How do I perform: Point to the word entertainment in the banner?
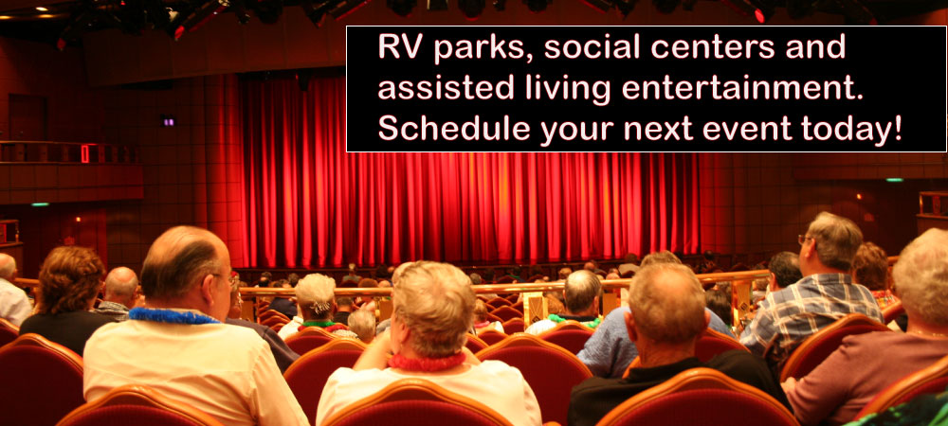[x=741, y=88]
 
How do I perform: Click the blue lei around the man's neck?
[x=173, y=315]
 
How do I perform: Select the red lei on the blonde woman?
[x=427, y=363]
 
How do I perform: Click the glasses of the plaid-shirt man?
[x=805, y=240]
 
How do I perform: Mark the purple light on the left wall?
[x=168, y=120]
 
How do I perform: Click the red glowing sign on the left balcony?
[x=85, y=154]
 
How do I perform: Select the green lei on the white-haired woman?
[x=320, y=325]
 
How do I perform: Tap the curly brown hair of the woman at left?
[x=69, y=280]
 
